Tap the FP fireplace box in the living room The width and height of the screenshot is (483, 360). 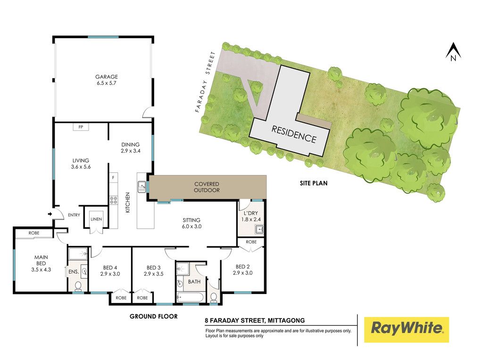(81, 126)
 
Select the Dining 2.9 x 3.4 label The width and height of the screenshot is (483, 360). (130, 148)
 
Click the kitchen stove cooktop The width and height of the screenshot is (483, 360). (113, 200)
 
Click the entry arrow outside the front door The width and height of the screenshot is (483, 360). (50, 214)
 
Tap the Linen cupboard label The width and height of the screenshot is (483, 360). (96, 219)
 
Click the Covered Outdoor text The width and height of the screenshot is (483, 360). (207, 187)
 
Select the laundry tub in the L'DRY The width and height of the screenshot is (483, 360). (259, 230)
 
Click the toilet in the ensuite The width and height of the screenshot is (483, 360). (78, 286)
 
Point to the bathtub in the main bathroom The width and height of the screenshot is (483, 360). (190, 297)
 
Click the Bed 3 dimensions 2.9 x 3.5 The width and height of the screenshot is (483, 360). (153, 274)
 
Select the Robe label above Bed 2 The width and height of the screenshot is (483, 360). (251, 242)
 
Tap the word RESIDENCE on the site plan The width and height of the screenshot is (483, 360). (293, 134)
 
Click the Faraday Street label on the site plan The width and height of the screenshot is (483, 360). (205, 82)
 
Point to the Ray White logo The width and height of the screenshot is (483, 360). (407, 329)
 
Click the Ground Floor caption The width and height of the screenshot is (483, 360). (153, 316)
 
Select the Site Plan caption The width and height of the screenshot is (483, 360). (314, 183)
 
